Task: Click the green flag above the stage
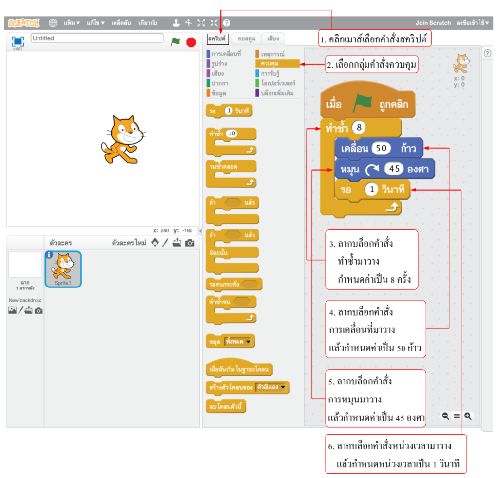pyautogui.click(x=175, y=42)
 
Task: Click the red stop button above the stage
pyautogui.click(x=191, y=42)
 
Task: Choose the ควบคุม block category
pyautogui.click(x=277, y=63)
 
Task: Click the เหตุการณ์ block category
pyautogui.click(x=272, y=54)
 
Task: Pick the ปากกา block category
pyautogui.click(x=220, y=83)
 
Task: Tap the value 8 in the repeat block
pyautogui.click(x=359, y=128)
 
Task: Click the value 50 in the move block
pyautogui.click(x=381, y=148)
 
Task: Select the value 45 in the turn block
pyautogui.click(x=394, y=169)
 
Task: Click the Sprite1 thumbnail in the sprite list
pyautogui.click(x=63, y=269)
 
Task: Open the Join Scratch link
pyautogui.click(x=433, y=23)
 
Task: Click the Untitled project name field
pyautogui.click(x=97, y=38)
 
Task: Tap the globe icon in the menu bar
pyautogui.click(x=53, y=23)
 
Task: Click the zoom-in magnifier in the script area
pyautogui.click(x=468, y=416)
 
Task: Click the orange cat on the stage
pyautogui.click(x=122, y=139)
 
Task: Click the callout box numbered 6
pyautogui.click(x=396, y=454)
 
